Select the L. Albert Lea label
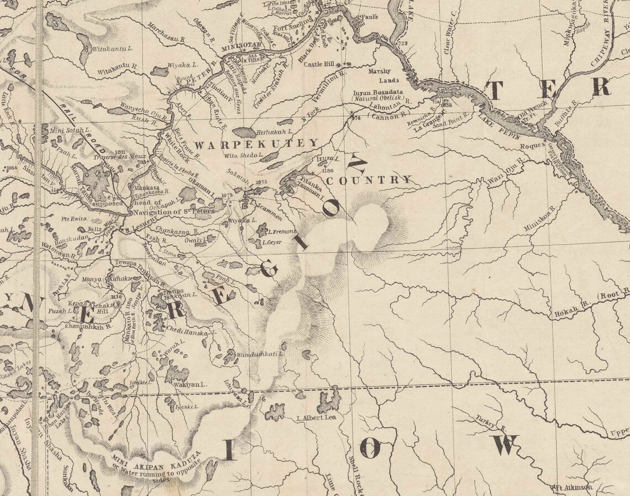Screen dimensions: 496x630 (x=316, y=418)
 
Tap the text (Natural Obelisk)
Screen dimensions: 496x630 (x=377, y=98)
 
